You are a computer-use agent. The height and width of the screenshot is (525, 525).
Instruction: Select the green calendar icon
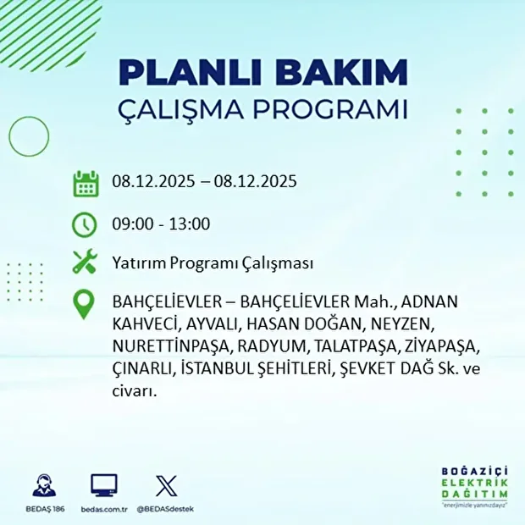point(86,183)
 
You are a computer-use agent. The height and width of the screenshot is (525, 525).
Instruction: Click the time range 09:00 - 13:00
point(161,224)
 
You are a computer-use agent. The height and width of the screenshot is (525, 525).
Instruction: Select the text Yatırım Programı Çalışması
point(213,263)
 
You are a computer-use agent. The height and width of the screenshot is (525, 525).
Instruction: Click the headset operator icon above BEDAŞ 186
point(44,485)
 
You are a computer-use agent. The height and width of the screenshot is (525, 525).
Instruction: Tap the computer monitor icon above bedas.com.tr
point(104,485)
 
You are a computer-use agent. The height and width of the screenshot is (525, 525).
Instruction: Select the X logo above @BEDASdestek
point(165,485)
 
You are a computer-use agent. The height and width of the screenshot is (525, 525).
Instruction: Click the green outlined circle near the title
point(29,134)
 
